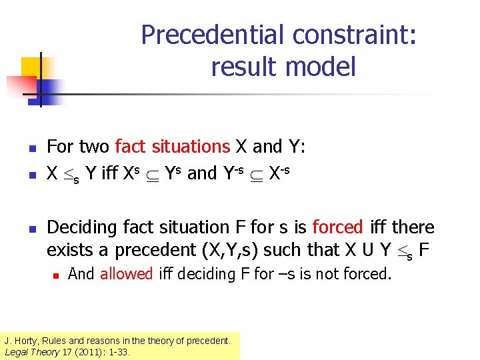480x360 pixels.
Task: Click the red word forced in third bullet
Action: coord(337,227)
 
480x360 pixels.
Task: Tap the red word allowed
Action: coord(127,273)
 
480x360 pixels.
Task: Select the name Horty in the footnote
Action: coord(29,341)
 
